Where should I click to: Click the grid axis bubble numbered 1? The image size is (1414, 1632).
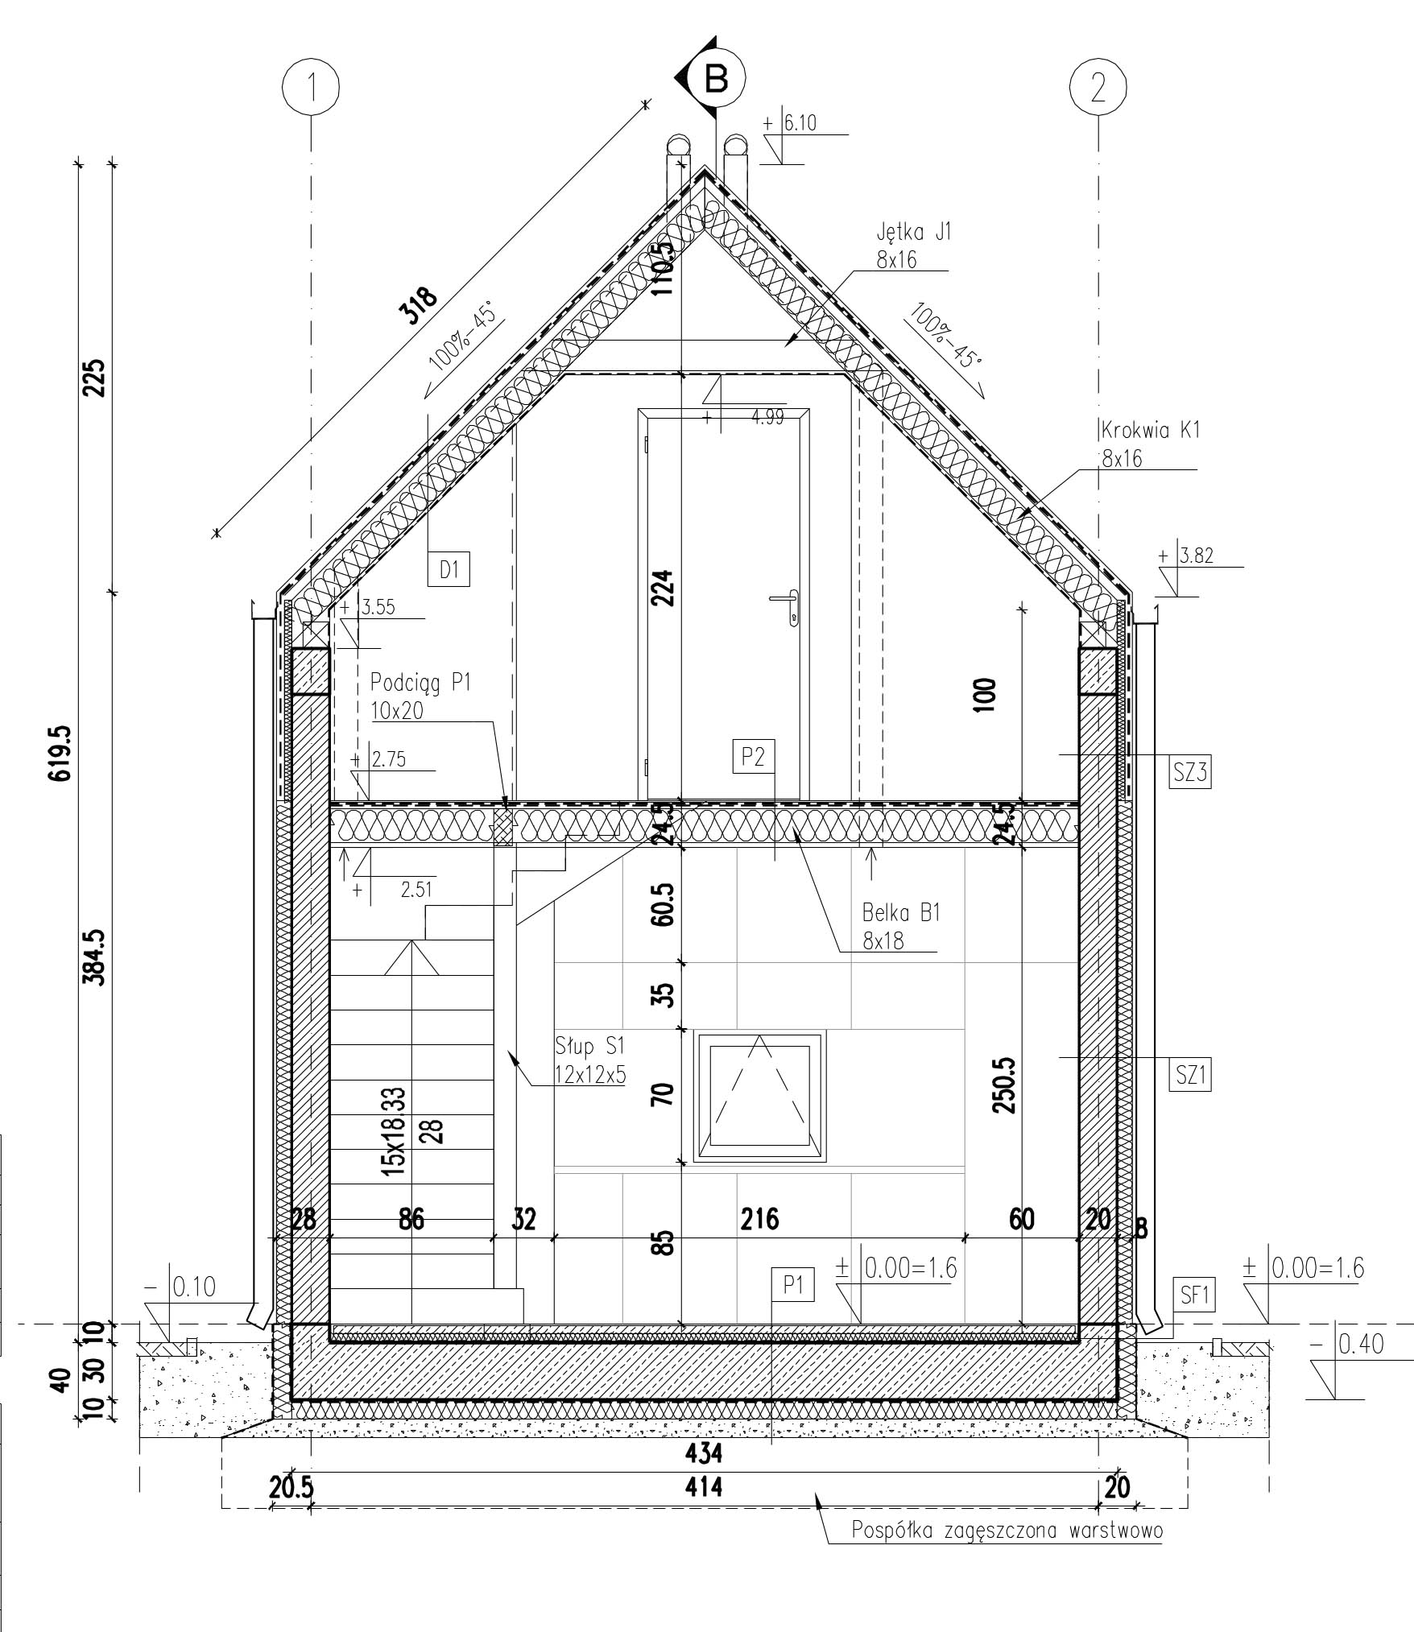pyautogui.click(x=311, y=86)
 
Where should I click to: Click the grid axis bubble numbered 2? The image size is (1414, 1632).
pyautogui.click(x=1098, y=86)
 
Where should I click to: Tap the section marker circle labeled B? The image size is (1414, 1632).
pyautogui.click(x=716, y=79)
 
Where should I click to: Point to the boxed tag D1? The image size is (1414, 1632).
pyautogui.click(x=449, y=569)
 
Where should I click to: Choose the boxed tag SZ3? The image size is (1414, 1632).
pyautogui.click(x=1190, y=772)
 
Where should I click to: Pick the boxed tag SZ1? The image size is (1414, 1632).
pyautogui.click(x=1190, y=1074)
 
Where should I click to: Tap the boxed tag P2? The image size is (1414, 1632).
pyautogui.click(x=753, y=756)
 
